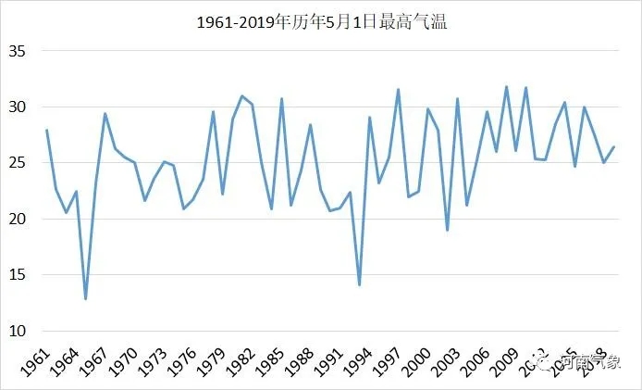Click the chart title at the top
pyautogui.click(x=322, y=21)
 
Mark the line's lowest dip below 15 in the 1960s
pyautogui.click(x=85, y=298)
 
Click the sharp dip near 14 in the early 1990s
pyautogui.click(x=359, y=284)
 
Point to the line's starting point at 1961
pyautogui.click(x=46, y=131)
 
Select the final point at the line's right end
pyautogui.click(x=614, y=146)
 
